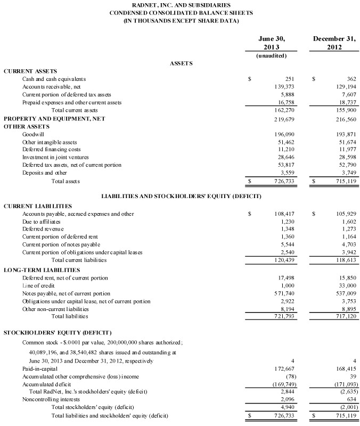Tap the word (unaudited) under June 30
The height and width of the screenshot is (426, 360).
pos(272,55)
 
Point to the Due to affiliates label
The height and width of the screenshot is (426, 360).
pos(42,222)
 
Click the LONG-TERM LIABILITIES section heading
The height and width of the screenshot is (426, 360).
pos(42,270)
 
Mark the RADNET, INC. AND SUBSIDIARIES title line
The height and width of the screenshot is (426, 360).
pos(181,5)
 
